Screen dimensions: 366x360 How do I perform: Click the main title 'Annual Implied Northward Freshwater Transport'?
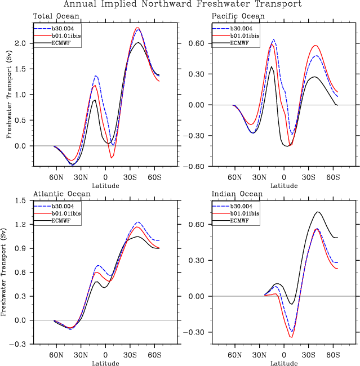182,5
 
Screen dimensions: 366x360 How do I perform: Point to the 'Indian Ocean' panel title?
230,194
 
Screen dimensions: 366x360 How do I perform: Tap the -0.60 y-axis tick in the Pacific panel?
197,167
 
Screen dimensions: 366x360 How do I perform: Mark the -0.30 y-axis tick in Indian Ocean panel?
197,332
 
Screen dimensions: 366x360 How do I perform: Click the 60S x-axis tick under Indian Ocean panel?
334,355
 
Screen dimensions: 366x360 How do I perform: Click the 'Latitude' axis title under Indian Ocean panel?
284,363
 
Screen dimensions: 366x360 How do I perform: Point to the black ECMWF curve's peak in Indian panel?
318,212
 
